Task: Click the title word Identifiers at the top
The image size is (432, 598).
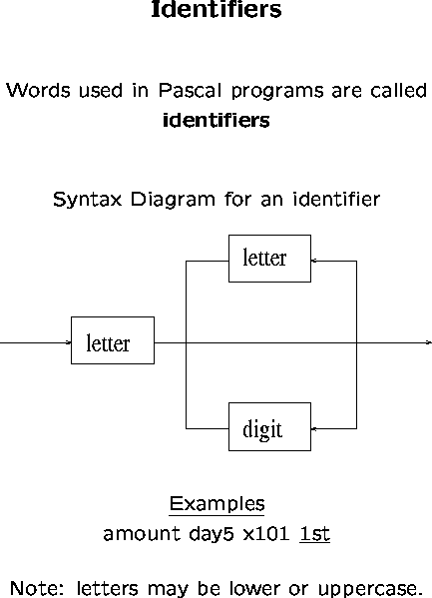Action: (216, 9)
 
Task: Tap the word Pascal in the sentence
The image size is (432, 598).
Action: (190, 91)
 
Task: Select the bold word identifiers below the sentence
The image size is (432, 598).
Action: (216, 120)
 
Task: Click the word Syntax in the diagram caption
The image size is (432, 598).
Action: (88, 200)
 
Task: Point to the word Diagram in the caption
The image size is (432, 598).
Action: (173, 200)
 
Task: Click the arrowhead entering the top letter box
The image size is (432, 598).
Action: (314, 261)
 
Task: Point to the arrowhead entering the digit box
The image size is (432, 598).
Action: (314, 428)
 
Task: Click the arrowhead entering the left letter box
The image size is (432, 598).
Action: (69, 342)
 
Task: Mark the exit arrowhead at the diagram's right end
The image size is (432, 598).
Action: (429, 342)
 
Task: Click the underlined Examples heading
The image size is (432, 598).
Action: (216, 504)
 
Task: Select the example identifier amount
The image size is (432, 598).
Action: (142, 533)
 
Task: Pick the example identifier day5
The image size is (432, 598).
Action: (212, 534)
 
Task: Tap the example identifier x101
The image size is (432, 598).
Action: (266, 534)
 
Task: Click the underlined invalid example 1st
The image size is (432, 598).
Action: (315, 534)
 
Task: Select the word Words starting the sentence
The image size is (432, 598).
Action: (38, 91)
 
